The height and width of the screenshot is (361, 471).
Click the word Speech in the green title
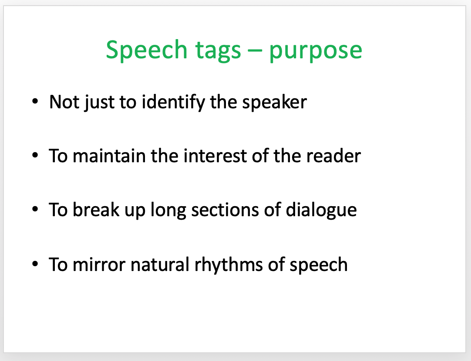(147, 50)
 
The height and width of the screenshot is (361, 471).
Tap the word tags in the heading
(218, 51)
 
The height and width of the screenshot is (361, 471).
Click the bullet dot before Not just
(35, 102)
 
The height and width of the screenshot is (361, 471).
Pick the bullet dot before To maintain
(35, 156)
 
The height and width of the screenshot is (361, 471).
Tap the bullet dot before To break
(35, 210)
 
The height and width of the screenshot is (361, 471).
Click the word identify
(173, 102)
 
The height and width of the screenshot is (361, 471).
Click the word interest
(215, 156)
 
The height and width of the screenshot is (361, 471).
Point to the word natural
(160, 264)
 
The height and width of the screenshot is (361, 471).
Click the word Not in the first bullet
(64, 102)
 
